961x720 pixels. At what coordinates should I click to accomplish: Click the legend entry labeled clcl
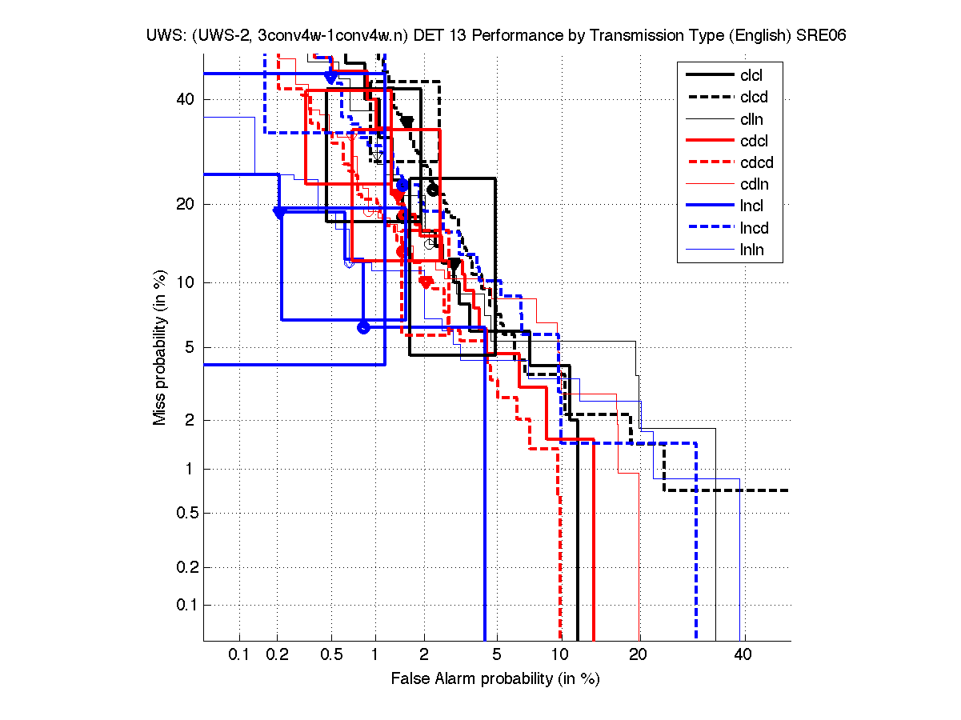click(751, 76)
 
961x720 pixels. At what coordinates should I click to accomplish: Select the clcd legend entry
click(751, 98)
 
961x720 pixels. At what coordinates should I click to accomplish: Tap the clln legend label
click(751, 119)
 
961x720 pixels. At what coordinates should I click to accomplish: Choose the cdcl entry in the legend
click(751, 141)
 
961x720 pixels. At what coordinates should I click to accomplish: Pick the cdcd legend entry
click(753, 162)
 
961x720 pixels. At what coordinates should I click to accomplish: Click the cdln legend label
click(751, 185)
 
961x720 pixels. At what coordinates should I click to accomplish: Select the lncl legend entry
click(751, 206)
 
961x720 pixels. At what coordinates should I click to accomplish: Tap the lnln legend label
click(751, 250)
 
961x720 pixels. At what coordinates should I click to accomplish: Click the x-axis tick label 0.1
click(239, 655)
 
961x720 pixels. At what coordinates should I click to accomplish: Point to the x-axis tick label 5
click(497, 655)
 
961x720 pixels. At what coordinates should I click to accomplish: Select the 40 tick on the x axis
click(743, 655)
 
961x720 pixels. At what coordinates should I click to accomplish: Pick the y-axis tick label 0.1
click(186, 605)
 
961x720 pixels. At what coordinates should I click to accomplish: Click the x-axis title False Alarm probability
click(495, 678)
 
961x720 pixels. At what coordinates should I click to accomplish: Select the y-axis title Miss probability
click(161, 347)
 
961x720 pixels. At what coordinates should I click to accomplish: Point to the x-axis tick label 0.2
click(277, 655)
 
